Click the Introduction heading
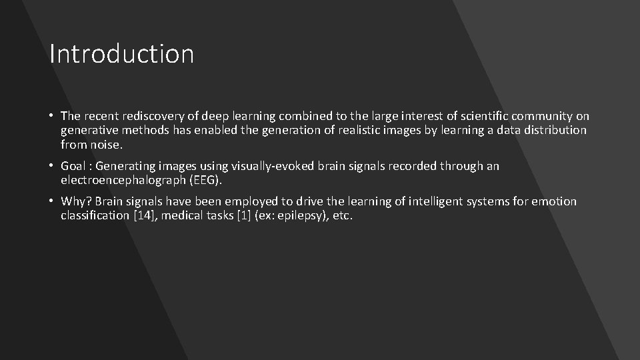coord(121,54)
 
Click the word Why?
coord(77,201)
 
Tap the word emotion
coord(555,201)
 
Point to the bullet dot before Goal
coord(52,166)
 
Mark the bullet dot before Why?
coord(52,201)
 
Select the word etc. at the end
coord(341,215)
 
